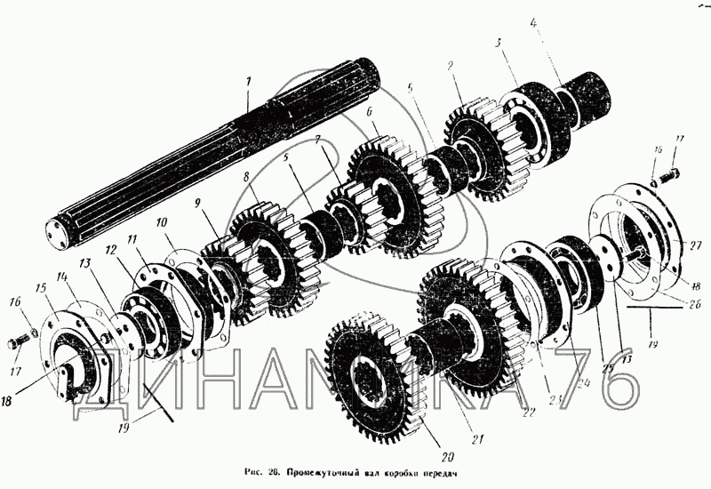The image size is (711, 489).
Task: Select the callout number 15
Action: (39, 289)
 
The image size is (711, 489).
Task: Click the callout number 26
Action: (693, 303)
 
